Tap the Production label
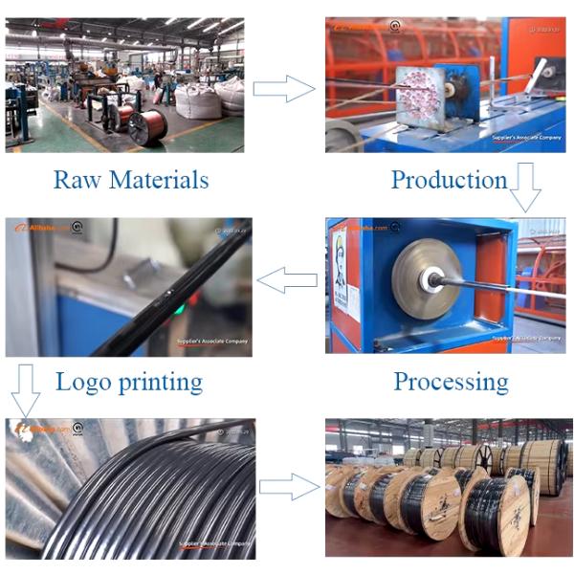click(449, 179)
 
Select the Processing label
click(451, 382)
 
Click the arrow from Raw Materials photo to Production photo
click(284, 89)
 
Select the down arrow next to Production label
click(524, 187)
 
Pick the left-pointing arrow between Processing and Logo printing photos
click(288, 280)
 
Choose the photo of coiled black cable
click(129, 488)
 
